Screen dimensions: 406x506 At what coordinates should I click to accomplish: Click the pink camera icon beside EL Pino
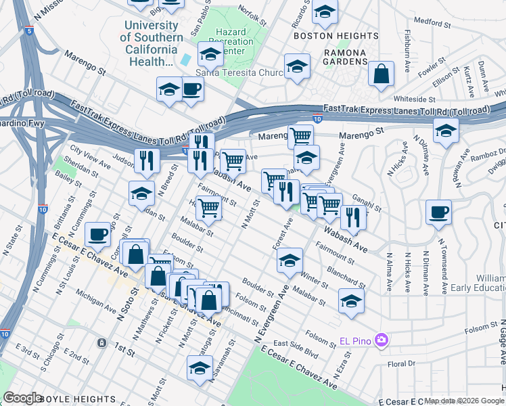382,338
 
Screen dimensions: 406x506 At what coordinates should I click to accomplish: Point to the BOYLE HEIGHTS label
74,398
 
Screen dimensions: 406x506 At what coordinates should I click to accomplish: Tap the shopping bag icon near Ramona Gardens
382,74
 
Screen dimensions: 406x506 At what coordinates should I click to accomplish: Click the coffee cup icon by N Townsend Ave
438,212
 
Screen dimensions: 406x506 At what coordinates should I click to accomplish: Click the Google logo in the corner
22,398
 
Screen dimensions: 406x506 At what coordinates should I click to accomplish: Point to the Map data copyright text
453,401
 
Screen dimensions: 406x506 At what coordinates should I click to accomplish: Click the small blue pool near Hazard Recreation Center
185,60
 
